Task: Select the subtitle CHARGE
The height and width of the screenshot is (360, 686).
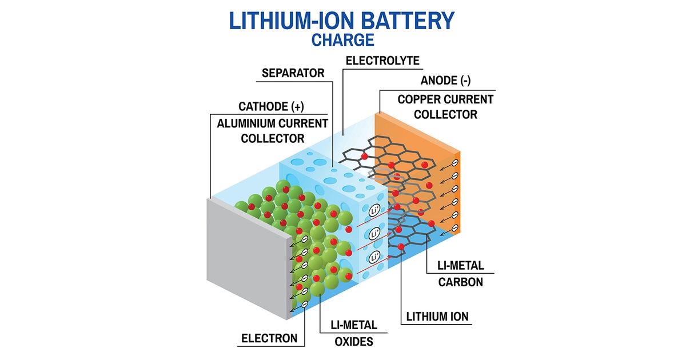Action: click(343, 40)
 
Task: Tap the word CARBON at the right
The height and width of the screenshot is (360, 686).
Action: click(461, 282)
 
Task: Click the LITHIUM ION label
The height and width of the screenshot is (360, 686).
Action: click(438, 315)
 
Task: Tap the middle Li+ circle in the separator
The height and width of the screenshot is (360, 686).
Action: click(374, 233)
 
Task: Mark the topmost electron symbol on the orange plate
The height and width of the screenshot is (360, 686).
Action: click(455, 163)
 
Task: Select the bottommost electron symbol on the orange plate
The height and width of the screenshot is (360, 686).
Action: click(455, 228)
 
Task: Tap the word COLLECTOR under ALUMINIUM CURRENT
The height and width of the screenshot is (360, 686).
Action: click(272, 138)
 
